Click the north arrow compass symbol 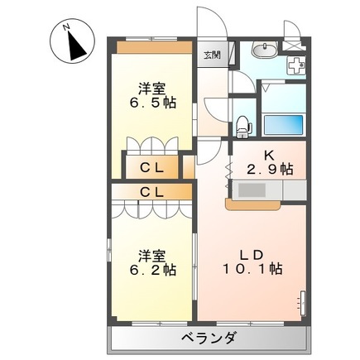click(x=72, y=41)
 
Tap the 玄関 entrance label click(x=212, y=55)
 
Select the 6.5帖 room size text click(x=153, y=103)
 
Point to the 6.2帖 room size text click(x=153, y=270)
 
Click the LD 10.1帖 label click(x=252, y=262)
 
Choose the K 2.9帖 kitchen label click(x=270, y=163)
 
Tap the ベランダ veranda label click(x=209, y=338)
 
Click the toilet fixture click(x=244, y=127)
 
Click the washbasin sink click(x=265, y=50)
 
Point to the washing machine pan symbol click(x=296, y=65)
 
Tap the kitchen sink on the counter click(x=252, y=190)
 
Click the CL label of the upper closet click(x=152, y=167)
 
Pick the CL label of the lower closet click(x=152, y=192)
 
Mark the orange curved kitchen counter click(x=253, y=204)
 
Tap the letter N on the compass click(x=66, y=26)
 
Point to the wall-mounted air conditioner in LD click(x=303, y=304)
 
